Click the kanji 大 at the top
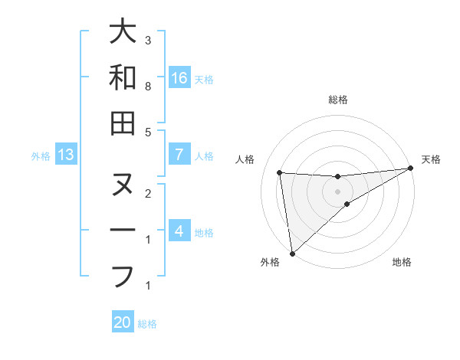pyautogui.click(x=123, y=32)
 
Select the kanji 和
pyautogui.click(x=123, y=77)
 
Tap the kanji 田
pyautogui.click(x=123, y=123)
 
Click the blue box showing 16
pyautogui.click(x=179, y=78)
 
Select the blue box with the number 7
pyautogui.click(x=179, y=155)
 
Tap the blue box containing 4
pyautogui.click(x=179, y=231)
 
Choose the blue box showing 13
pyautogui.click(x=66, y=155)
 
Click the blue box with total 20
pyautogui.click(x=123, y=322)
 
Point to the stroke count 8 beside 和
pyautogui.click(x=147, y=87)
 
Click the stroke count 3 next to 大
pyautogui.click(x=147, y=40)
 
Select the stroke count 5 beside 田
pyautogui.click(x=147, y=132)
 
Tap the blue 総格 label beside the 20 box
pyautogui.click(x=147, y=324)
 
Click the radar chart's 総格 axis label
pyautogui.click(x=338, y=100)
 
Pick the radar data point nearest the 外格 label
pyautogui.click(x=292, y=253)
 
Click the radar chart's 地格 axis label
pyautogui.click(x=402, y=263)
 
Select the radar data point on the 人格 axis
pyautogui.click(x=280, y=172)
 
